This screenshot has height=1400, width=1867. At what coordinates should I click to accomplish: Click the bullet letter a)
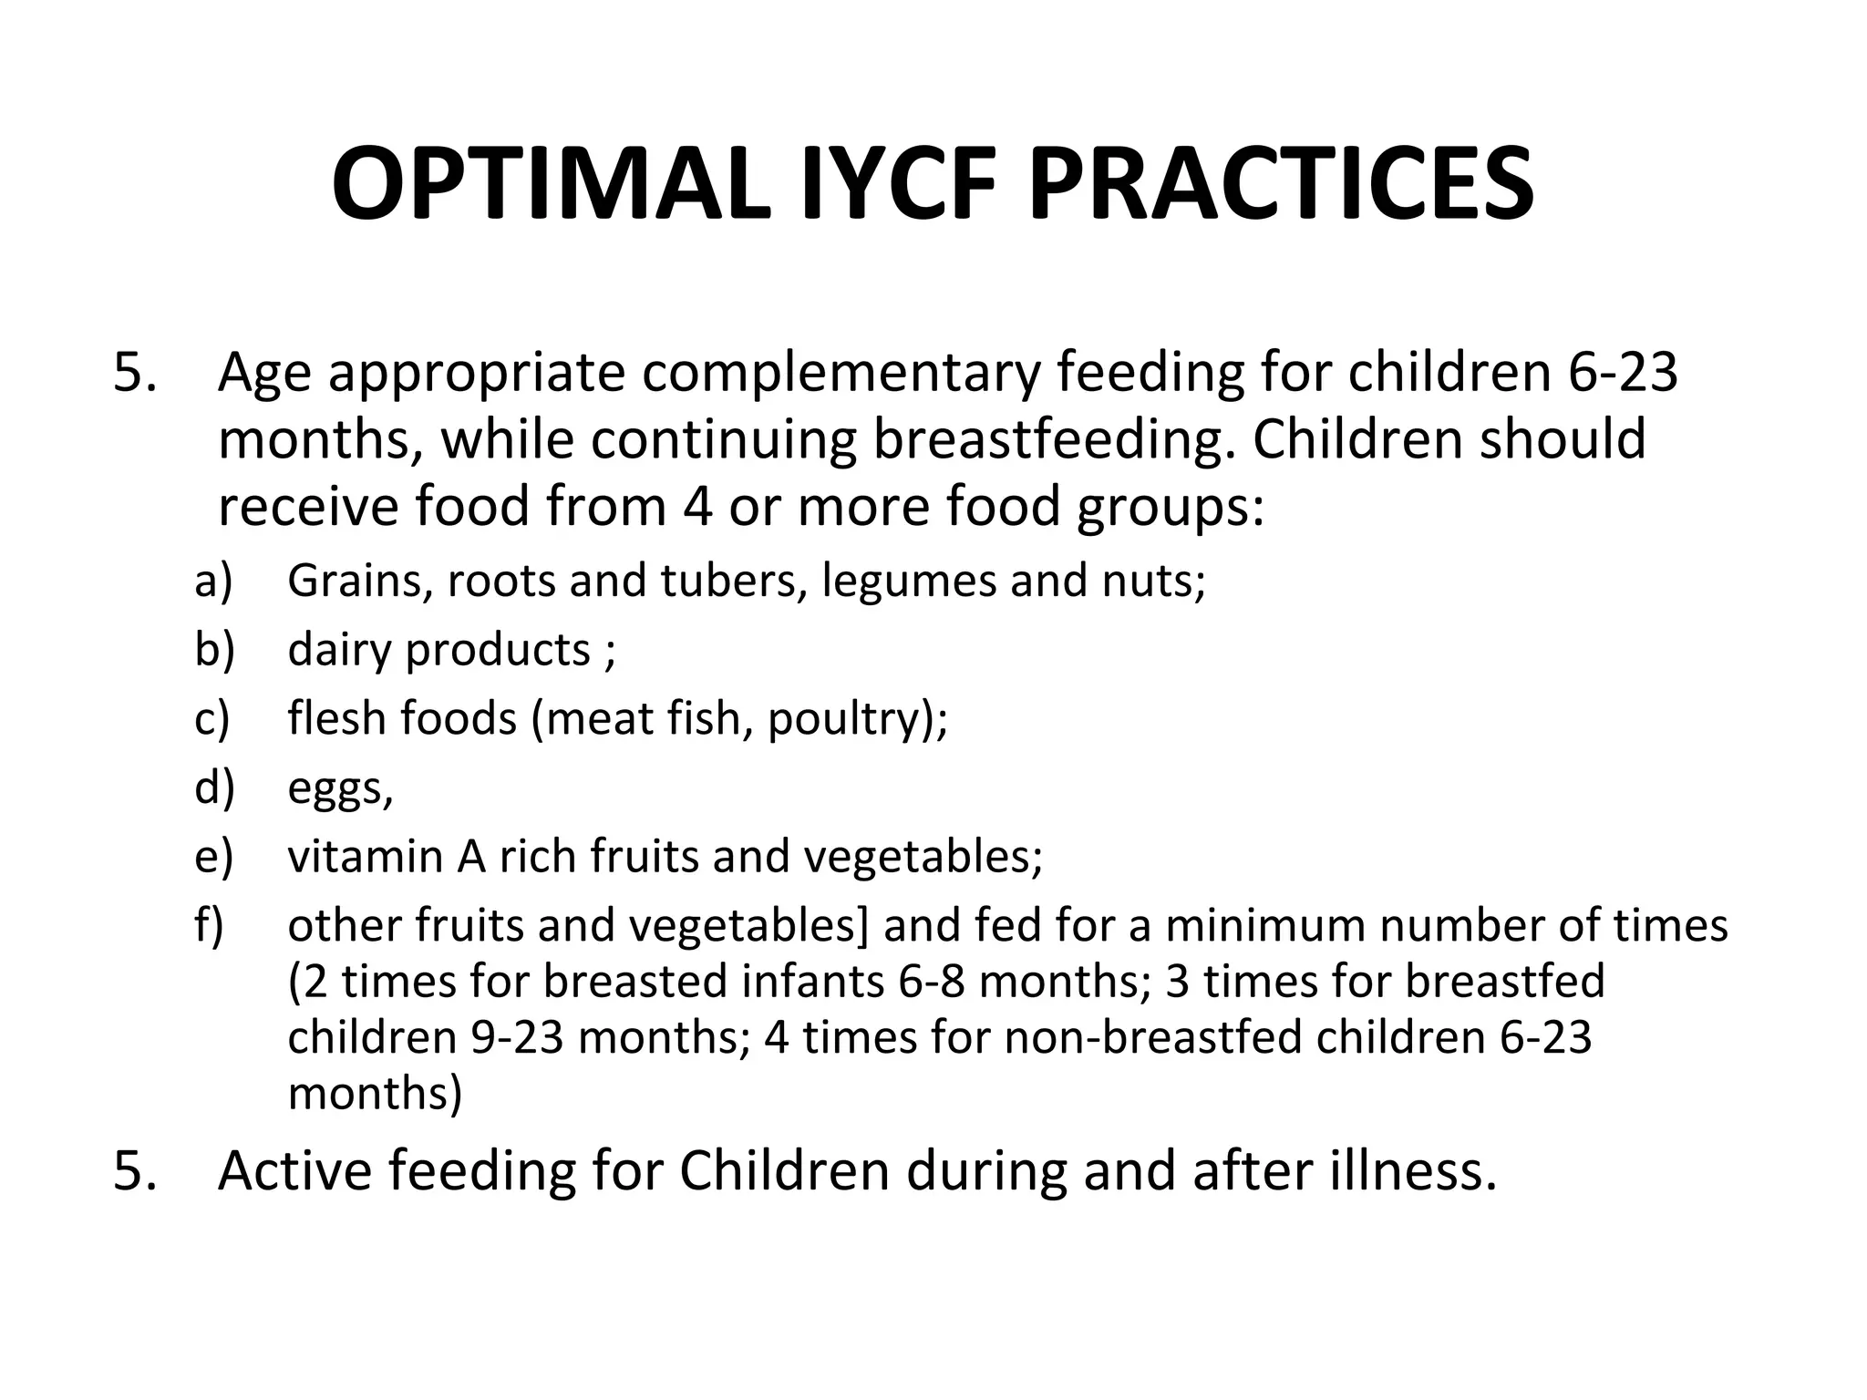pos(214,581)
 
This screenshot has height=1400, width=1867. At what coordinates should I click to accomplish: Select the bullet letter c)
pos(212,719)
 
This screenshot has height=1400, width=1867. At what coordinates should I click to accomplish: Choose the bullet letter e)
pos(214,857)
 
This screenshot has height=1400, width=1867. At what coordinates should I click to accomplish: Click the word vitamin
pos(366,857)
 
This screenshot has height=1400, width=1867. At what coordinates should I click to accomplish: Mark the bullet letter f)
pos(210,925)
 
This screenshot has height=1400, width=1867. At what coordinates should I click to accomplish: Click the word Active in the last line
pos(295,1171)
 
